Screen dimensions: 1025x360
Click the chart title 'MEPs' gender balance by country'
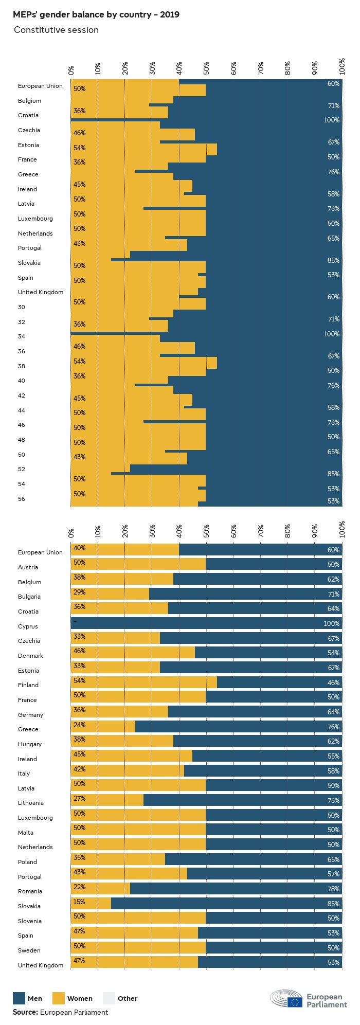click(x=96, y=15)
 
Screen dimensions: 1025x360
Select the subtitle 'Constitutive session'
click(x=56, y=30)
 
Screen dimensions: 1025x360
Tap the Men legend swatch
click(x=19, y=998)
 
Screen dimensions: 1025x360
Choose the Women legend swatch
click(x=59, y=998)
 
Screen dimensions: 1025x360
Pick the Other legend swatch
click(x=109, y=998)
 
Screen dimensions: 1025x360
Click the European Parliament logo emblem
click(x=287, y=998)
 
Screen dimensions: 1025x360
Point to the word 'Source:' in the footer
click(x=25, y=1012)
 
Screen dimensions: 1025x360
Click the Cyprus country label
click(x=28, y=626)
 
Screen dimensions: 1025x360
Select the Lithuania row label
click(x=31, y=803)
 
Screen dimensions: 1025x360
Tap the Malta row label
click(x=26, y=832)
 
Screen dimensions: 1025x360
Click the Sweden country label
click(x=29, y=950)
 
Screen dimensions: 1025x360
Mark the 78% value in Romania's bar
click(x=333, y=889)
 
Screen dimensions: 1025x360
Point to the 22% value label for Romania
click(x=79, y=887)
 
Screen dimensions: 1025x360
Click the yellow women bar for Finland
click(x=144, y=682)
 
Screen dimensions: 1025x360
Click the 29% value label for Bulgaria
click(x=79, y=592)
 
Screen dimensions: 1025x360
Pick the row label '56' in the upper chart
click(x=22, y=499)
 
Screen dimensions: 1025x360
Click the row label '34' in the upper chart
click(x=22, y=336)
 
